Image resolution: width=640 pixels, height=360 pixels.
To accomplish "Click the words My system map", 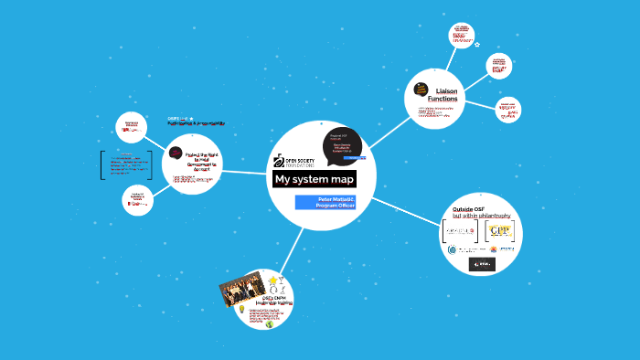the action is [x=315, y=179].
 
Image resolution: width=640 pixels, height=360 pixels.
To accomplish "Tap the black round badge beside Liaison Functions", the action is [x=421, y=90].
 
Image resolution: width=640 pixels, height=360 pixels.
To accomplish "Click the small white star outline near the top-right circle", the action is [x=477, y=44].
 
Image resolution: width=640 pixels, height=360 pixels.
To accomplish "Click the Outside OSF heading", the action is [x=468, y=211].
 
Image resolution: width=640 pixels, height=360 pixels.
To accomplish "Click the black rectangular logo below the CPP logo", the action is [x=482, y=264].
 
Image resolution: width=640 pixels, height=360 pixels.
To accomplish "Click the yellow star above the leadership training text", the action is [x=273, y=281].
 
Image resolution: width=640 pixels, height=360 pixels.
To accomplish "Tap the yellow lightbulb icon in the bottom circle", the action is [x=241, y=310].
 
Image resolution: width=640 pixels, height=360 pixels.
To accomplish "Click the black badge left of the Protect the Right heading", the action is [x=176, y=154].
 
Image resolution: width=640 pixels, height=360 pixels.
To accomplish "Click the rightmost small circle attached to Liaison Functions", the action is [x=508, y=111].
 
